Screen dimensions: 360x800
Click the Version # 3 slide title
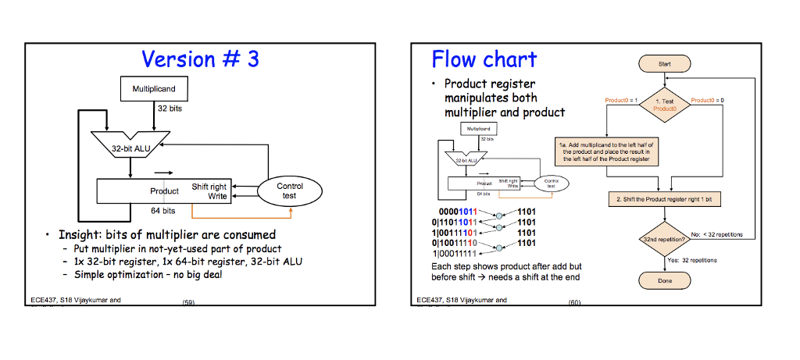[200, 59]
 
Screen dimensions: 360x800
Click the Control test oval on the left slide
[289, 191]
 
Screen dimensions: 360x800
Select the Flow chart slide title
[484, 59]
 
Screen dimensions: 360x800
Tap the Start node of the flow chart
[661, 65]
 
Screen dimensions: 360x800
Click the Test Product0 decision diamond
[661, 105]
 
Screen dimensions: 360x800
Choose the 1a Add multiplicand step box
[605, 151]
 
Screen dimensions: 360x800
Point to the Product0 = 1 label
[622, 100]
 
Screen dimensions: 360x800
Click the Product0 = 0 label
[707, 100]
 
